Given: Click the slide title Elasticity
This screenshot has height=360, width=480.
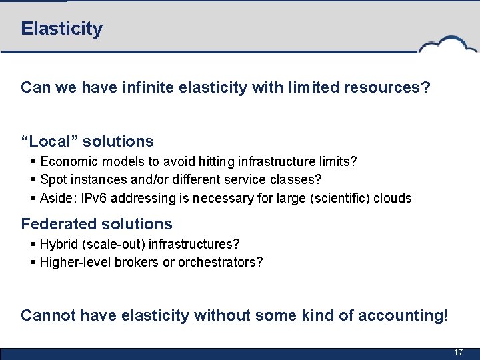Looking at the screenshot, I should [61, 29].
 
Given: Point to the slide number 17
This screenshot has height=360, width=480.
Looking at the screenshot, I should [458, 352].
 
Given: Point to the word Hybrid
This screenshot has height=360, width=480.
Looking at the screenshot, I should [58, 244].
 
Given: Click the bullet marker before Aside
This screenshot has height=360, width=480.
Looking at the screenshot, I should [33, 198].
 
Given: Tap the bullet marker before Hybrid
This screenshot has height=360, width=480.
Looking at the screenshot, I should [33, 244].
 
